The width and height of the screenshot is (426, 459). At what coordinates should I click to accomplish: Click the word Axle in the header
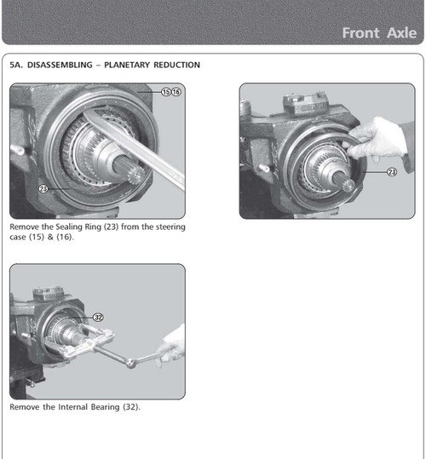[x=400, y=33]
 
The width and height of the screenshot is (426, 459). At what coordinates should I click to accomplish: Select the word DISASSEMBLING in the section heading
[x=69, y=65]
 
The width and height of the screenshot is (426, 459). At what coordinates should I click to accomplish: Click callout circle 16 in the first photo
[x=176, y=92]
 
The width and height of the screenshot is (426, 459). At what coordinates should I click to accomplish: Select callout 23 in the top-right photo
[x=392, y=171]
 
